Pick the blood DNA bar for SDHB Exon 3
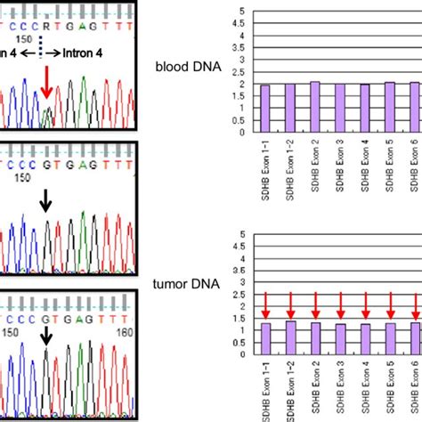(340, 110)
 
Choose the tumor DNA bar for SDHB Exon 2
(315, 340)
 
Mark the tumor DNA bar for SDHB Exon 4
(366, 341)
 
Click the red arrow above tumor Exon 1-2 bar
(290, 305)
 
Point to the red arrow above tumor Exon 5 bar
(391, 306)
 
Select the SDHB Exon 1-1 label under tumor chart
(265, 392)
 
